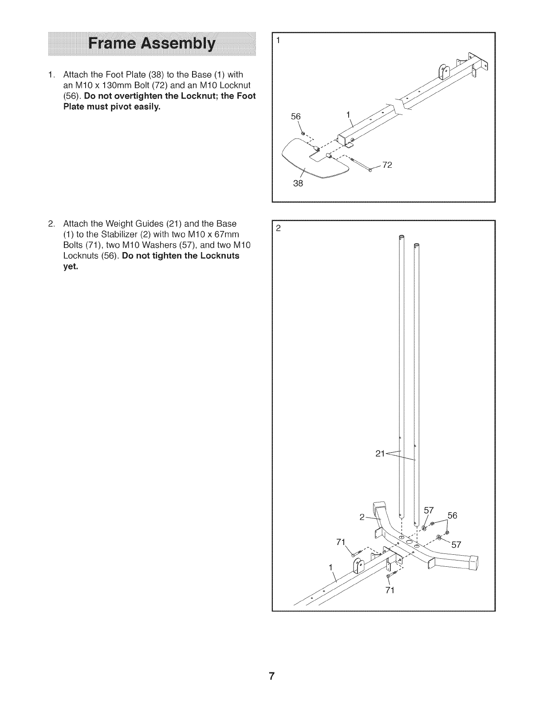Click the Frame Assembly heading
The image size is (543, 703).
[x=151, y=44]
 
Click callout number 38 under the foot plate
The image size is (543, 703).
[x=298, y=183]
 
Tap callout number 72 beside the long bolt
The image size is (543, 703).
[x=387, y=165]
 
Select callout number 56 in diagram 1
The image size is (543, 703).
[x=295, y=116]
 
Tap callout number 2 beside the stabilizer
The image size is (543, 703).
[x=362, y=517]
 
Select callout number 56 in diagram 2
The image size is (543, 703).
[x=452, y=515]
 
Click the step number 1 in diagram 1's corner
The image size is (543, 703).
[x=278, y=40]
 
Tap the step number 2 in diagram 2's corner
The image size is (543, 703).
[x=278, y=229]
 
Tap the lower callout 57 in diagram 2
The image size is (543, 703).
[x=456, y=545]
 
